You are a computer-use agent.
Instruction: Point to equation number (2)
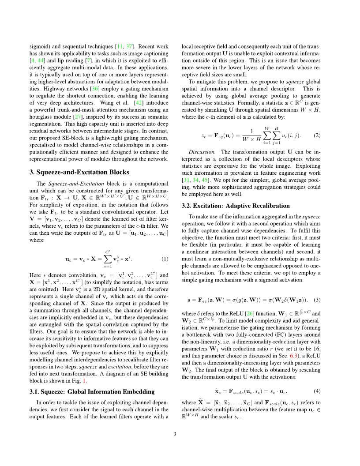tap(317, 135)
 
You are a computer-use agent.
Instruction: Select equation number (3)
tap(317, 300)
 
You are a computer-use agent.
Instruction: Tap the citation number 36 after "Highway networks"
tap(94, 89)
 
